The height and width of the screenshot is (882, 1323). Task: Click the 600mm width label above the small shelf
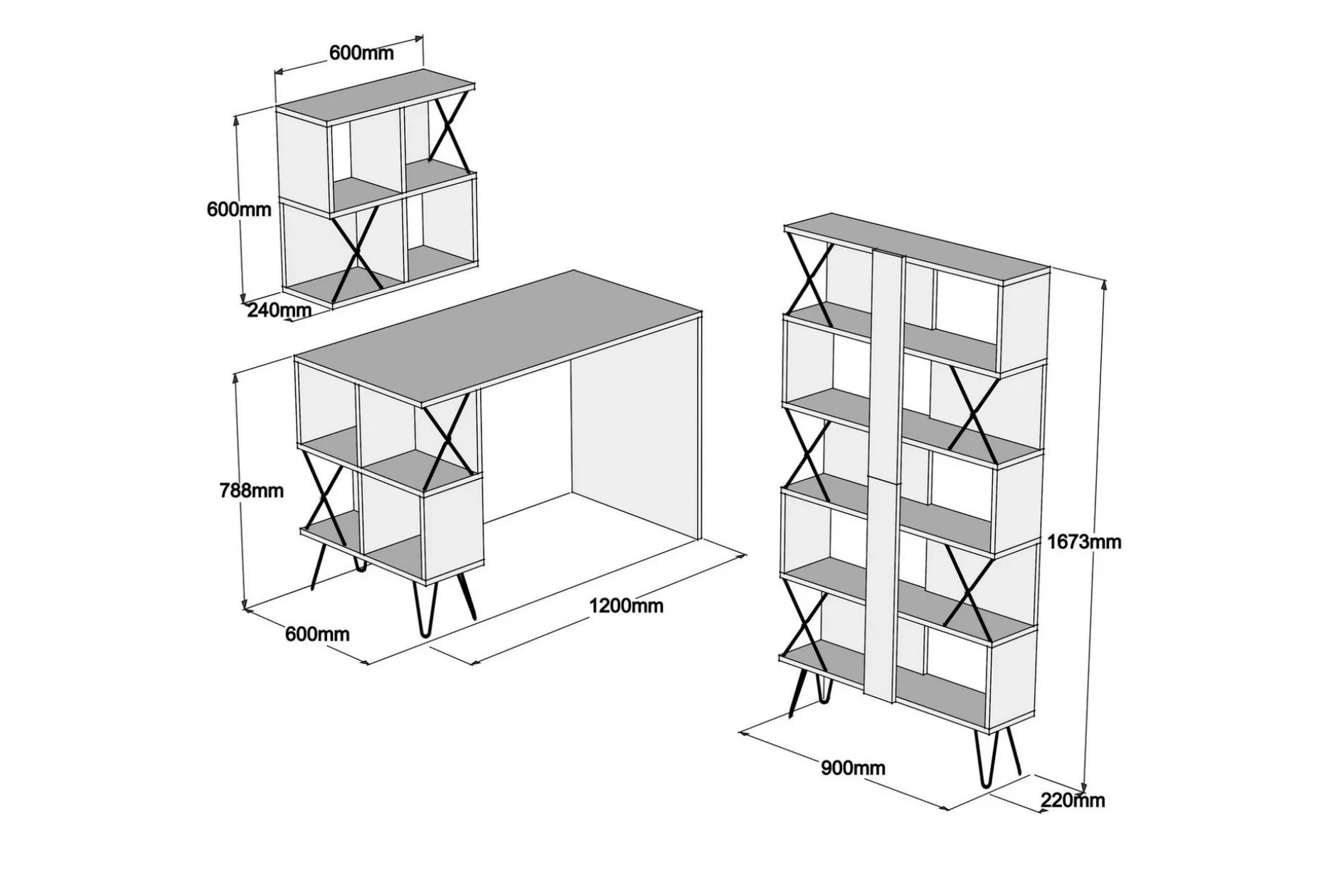point(361,53)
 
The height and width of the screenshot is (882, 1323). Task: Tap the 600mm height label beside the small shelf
point(239,209)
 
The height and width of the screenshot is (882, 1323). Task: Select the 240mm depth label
point(279,310)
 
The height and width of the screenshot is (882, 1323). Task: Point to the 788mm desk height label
point(251,490)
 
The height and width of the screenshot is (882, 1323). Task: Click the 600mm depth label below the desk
point(317,633)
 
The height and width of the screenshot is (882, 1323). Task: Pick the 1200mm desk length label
point(626,605)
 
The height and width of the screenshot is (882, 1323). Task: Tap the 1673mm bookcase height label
point(1084,542)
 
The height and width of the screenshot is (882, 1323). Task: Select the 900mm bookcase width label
point(854,768)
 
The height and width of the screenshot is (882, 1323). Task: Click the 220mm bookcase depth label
point(1073,800)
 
